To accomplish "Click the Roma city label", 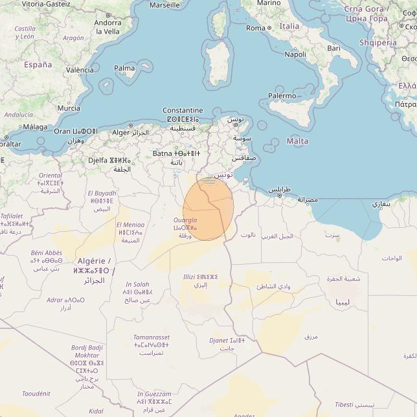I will (256, 28).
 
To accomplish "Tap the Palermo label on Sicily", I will (282, 96).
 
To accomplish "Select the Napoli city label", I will (295, 54).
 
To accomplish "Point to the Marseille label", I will (164, 5).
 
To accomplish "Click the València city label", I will (80, 70).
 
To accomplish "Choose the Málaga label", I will (36, 127).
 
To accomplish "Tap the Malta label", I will (297, 141).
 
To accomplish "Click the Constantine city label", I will (183, 111).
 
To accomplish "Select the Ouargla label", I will (185, 220).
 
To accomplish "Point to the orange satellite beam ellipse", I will (208, 209).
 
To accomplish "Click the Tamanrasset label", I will (152, 337).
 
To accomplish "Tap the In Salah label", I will (137, 284).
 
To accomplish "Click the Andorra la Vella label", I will (107, 27).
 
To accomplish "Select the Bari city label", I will (334, 49).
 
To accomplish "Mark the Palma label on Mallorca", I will (124, 68).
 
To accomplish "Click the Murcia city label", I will (69, 108).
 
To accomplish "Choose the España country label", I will (38, 65).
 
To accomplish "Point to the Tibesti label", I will (344, 405).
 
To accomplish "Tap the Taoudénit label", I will (36, 393).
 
